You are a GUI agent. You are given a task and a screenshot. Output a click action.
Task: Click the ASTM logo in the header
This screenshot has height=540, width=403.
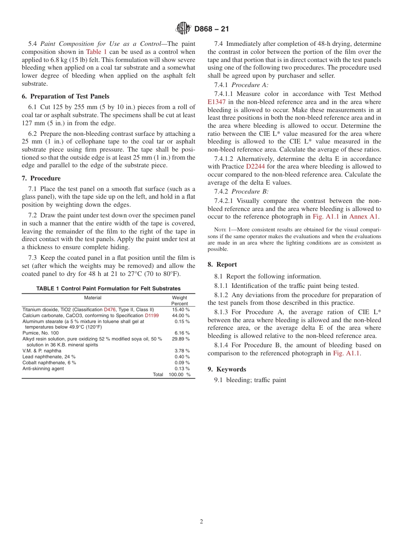(184, 29)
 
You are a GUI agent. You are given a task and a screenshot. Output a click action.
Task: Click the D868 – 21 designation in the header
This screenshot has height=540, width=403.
(211, 29)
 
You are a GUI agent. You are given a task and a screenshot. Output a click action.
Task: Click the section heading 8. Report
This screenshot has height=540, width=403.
(222, 264)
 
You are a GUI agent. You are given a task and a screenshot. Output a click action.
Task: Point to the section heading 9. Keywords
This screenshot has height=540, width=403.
(227, 369)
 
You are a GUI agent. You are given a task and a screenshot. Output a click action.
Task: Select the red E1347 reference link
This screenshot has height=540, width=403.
(217, 102)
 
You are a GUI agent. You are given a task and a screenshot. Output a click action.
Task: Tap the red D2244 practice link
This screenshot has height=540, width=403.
(255, 166)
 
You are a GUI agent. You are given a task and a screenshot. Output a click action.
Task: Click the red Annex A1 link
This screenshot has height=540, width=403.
(364, 217)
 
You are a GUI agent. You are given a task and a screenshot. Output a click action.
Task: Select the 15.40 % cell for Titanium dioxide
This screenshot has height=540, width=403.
(181, 310)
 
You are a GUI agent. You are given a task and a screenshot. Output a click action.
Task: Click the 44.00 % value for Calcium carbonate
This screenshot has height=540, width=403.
(181, 316)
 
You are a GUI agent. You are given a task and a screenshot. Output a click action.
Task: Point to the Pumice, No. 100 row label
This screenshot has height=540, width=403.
(41, 333)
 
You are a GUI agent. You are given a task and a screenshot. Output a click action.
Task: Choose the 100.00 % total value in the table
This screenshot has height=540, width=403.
(179, 374)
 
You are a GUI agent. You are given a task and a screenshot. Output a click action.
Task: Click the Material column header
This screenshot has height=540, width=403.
(92, 298)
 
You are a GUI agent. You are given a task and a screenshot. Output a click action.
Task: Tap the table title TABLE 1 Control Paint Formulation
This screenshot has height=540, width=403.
(108, 289)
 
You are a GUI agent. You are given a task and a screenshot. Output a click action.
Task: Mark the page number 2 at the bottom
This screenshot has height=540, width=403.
(201, 522)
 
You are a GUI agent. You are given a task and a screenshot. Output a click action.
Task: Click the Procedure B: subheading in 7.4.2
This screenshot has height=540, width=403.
(253, 191)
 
